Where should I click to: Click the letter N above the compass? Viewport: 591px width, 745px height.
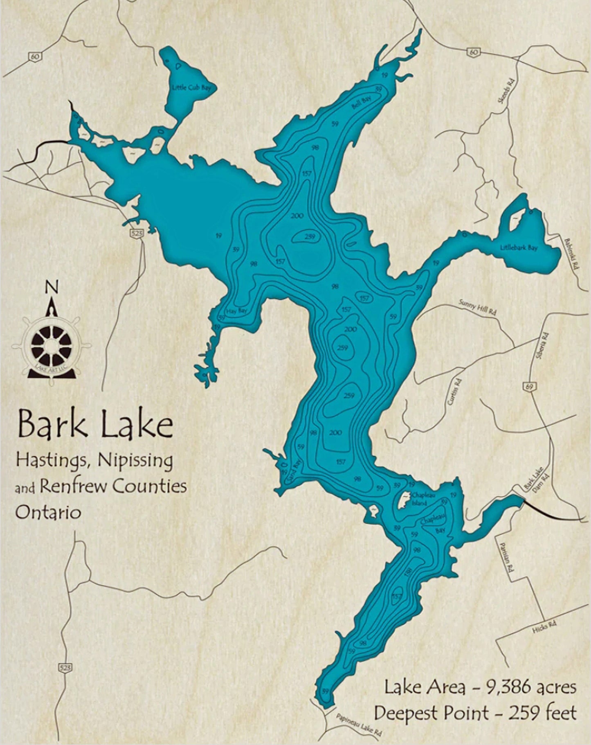click(51, 287)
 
